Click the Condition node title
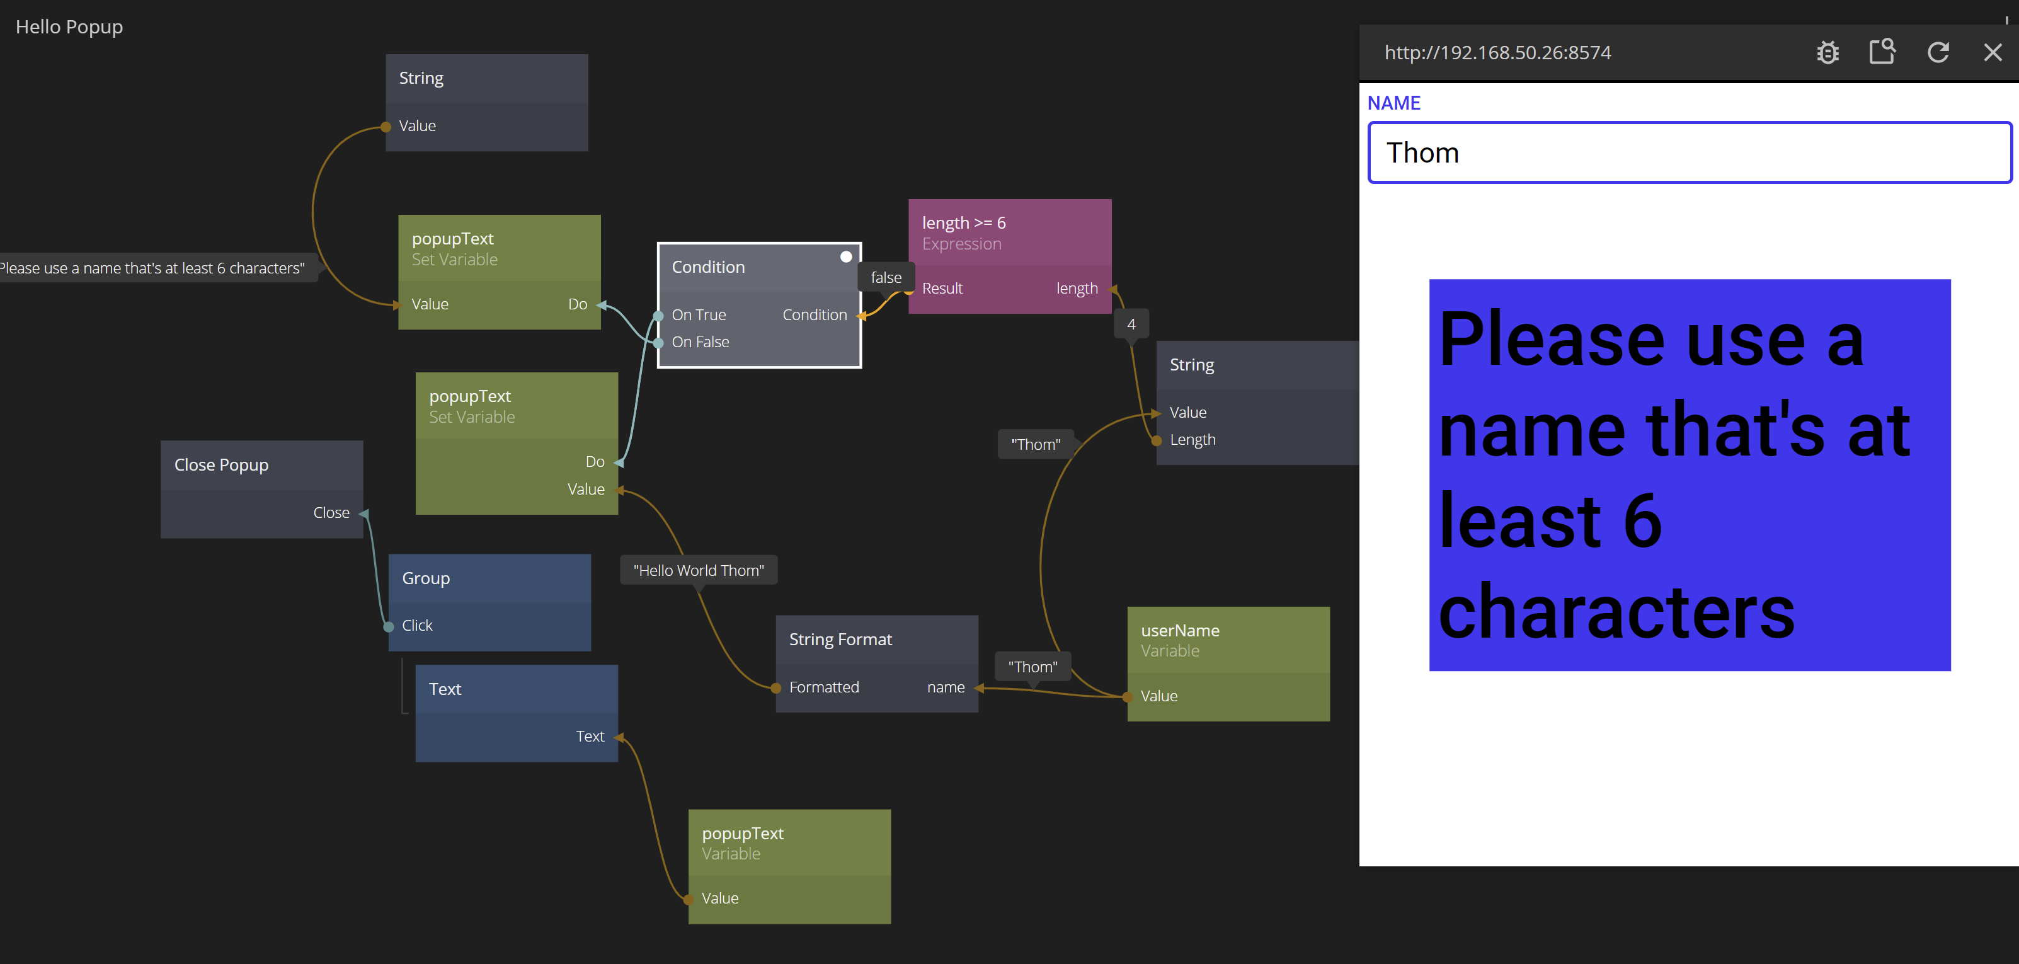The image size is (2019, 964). pyautogui.click(x=707, y=267)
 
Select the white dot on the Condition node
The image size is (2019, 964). pyautogui.click(x=845, y=257)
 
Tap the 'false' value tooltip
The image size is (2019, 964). pyautogui.click(x=886, y=277)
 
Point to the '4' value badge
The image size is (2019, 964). pyautogui.click(x=1130, y=324)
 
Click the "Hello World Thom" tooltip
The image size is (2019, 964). pyautogui.click(x=699, y=571)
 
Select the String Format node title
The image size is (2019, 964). pyautogui.click(x=840, y=640)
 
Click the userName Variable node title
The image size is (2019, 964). pyautogui.click(x=1179, y=631)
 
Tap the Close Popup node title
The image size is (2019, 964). pyautogui.click(x=221, y=466)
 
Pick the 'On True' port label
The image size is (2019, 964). pyautogui.click(x=699, y=315)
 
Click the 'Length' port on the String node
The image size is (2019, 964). pyautogui.click(x=1192, y=440)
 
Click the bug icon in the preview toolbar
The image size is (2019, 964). pyautogui.click(x=1827, y=52)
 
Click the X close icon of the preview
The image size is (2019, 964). pyautogui.click(x=1993, y=52)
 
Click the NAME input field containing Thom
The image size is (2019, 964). pyautogui.click(x=1689, y=153)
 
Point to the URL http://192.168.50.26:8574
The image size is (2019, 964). pyautogui.click(x=1497, y=52)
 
